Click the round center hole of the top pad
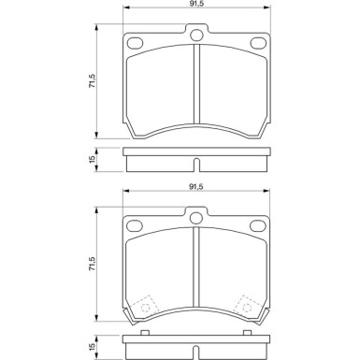pos(195,37)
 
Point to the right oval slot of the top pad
pos(254,41)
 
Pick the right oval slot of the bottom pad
pos(254,225)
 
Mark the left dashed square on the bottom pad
pos(145,307)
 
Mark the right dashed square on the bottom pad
pos(247,307)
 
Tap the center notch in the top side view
pos(195,166)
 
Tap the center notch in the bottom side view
pos(195,352)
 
